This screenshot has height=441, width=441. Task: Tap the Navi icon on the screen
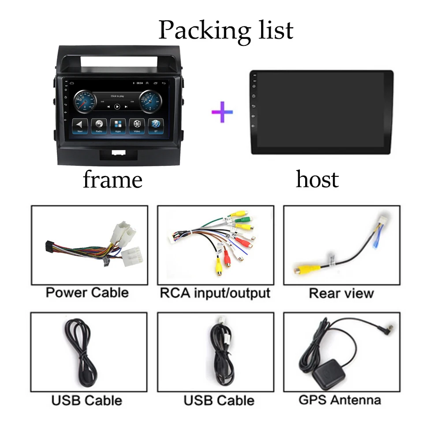coord(80,125)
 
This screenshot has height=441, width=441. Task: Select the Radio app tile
coord(99,125)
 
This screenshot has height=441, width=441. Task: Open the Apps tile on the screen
coord(118,125)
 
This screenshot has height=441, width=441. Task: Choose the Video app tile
coord(137,125)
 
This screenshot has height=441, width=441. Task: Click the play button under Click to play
coord(117,106)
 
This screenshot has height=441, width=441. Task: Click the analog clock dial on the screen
coord(151,101)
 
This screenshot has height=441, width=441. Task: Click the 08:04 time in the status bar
coord(140,82)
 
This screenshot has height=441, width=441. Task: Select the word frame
coord(113,179)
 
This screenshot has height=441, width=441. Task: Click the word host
coord(317,179)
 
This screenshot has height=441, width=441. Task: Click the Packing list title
coord(225,30)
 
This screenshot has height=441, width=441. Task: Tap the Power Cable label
coord(87,292)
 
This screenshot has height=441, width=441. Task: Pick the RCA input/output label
coord(215,293)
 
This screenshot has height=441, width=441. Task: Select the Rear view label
coord(341,293)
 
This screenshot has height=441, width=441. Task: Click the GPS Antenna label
coord(340,400)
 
